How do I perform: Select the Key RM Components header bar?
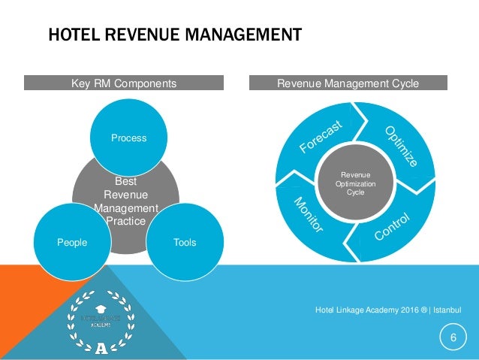point(124,83)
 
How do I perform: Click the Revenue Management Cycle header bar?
point(348,83)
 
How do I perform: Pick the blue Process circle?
point(129,138)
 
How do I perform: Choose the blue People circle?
point(72,242)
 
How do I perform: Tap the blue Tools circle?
point(185,242)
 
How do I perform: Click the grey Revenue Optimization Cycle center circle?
point(355,183)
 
